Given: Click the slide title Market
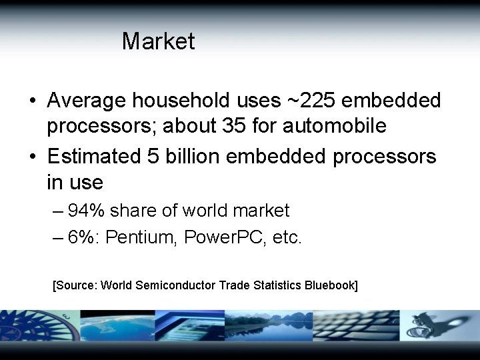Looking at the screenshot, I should (x=158, y=41).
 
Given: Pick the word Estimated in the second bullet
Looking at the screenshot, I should (x=93, y=157).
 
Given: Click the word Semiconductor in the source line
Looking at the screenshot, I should (x=176, y=285).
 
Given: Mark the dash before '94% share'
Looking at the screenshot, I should (x=57, y=211).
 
